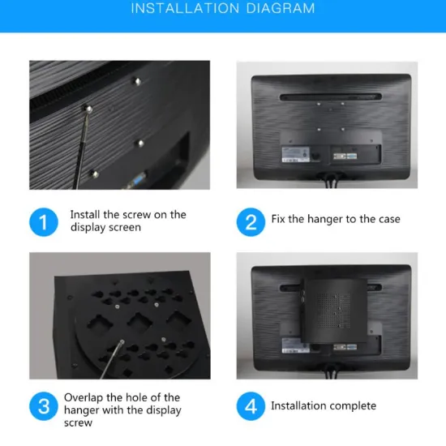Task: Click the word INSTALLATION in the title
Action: (x=182, y=9)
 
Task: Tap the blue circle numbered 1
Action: (x=44, y=222)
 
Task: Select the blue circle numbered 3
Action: (x=44, y=406)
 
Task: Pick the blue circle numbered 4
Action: (x=251, y=406)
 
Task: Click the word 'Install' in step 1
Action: (x=84, y=215)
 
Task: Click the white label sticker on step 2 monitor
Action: (x=296, y=153)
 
